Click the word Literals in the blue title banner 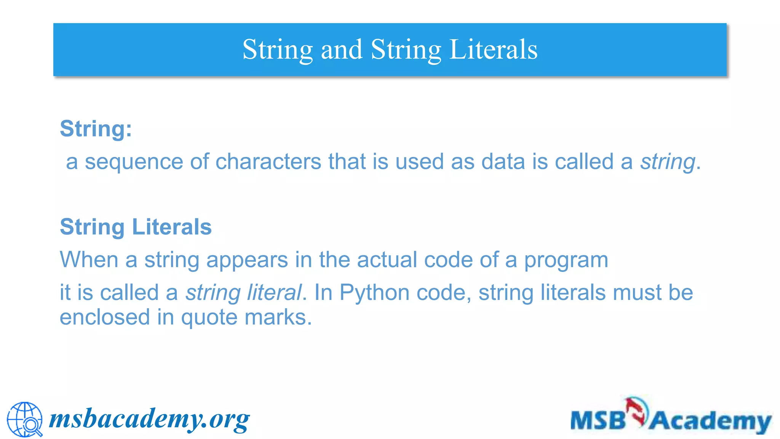click(493, 50)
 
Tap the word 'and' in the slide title click(342, 50)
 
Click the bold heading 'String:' click(96, 128)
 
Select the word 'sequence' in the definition click(134, 162)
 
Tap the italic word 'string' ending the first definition click(668, 162)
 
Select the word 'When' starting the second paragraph click(89, 260)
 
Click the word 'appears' click(247, 260)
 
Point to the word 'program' click(566, 261)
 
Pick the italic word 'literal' click(274, 293)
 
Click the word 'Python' click(374, 293)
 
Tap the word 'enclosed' click(105, 317)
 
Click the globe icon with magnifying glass click(25, 420)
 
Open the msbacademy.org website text click(149, 419)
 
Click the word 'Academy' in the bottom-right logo click(710, 421)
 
